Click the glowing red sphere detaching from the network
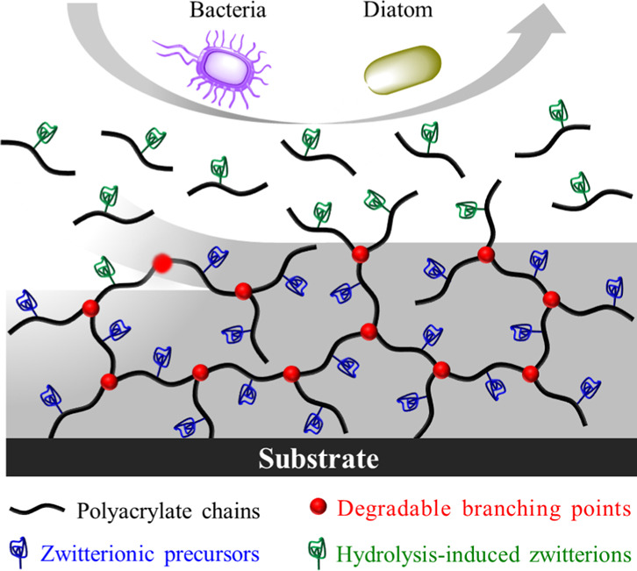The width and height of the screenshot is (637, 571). pos(161,261)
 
